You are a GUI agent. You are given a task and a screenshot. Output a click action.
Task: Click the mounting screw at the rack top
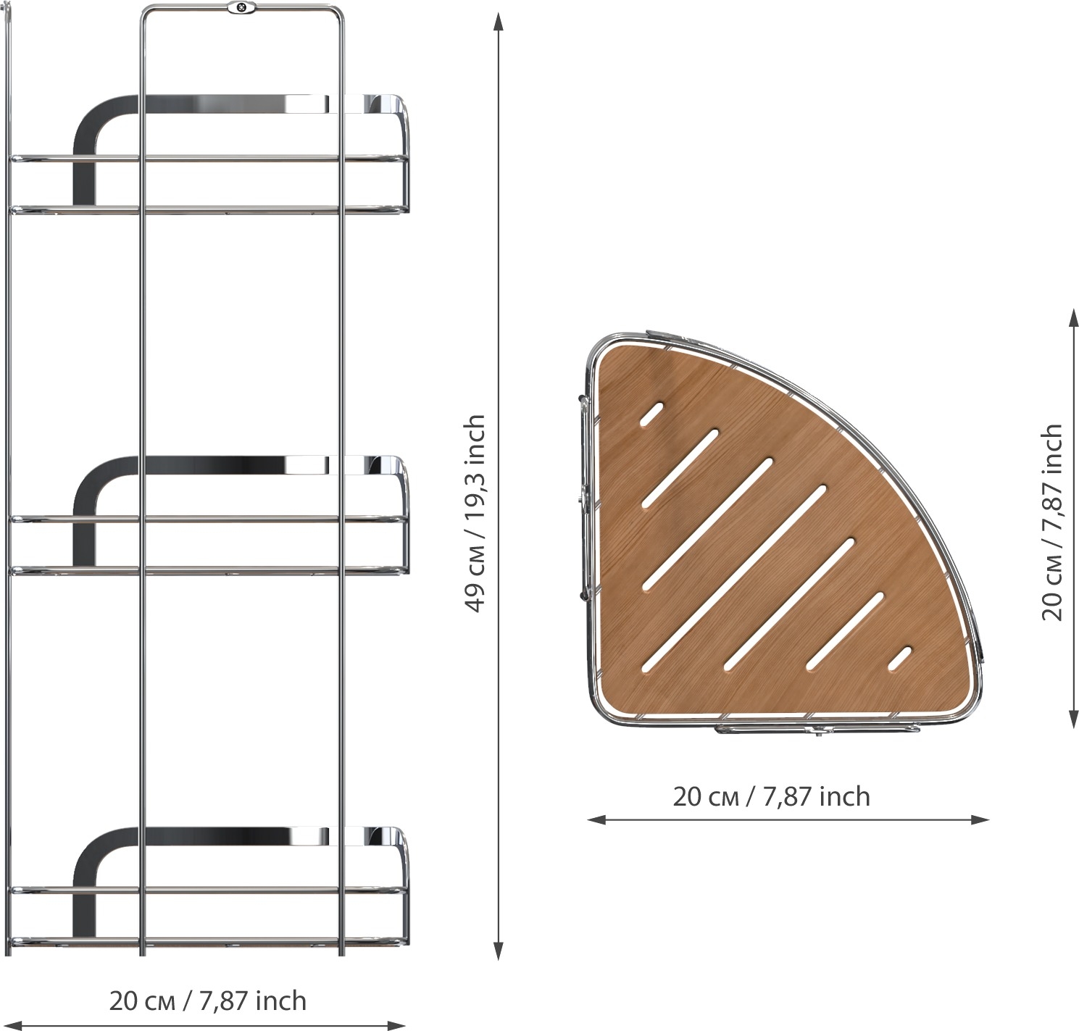[x=240, y=8]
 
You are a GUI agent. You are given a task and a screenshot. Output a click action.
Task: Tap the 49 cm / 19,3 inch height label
[x=475, y=514]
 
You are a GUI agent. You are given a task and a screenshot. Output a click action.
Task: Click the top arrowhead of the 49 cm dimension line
[x=499, y=22]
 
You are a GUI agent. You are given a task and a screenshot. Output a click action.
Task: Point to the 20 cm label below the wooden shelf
[x=771, y=796]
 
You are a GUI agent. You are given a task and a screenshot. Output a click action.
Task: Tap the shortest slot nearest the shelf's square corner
[x=652, y=414]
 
